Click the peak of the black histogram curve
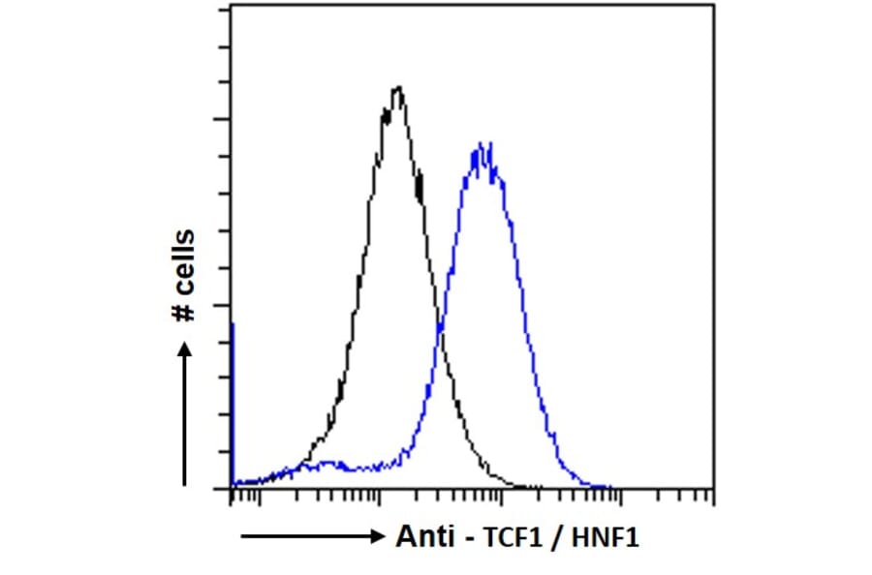[x=397, y=88]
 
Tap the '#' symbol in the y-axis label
[x=182, y=310]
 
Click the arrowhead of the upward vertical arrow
[x=184, y=346]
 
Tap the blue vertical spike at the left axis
[x=234, y=407]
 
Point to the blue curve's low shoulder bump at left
[x=329, y=465]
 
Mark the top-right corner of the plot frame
[x=715, y=5]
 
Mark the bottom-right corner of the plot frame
[x=715, y=488]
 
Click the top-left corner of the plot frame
[x=231, y=5]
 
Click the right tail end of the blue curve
[x=610, y=486]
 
